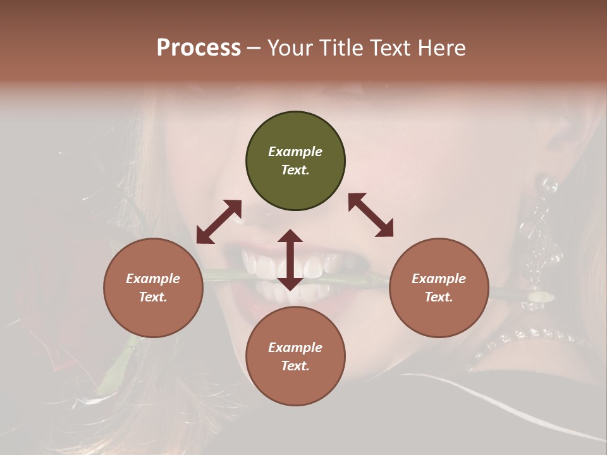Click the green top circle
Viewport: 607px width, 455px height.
coord(295,161)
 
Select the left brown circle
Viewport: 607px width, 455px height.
coord(153,288)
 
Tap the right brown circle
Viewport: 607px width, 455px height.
coord(439,288)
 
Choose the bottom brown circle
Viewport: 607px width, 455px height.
coord(295,356)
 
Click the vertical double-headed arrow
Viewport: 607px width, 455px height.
coord(290,260)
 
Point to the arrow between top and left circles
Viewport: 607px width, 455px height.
coord(219,222)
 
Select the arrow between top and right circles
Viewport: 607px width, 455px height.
coord(371,215)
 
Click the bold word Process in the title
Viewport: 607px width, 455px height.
coord(199,47)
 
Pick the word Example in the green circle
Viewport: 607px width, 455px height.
coord(295,152)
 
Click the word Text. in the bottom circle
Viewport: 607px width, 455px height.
coord(295,366)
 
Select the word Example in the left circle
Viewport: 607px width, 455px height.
coord(153,279)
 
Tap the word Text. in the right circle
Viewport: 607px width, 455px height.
coord(439,297)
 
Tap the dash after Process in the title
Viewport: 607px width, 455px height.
coord(254,48)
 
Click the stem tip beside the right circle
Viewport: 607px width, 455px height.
coord(541,296)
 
